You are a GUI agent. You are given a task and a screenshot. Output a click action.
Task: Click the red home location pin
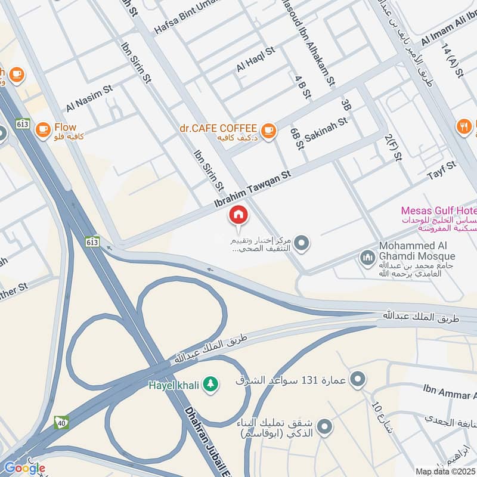click(x=238, y=215)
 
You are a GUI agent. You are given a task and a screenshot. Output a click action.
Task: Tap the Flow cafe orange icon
click(x=43, y=129)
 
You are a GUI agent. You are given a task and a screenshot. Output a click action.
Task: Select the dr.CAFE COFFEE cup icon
click(x=268, y=129)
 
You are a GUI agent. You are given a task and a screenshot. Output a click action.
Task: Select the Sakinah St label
click(x=326, y=129)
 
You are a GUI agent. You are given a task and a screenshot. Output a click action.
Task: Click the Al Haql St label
click(x=255, y=59)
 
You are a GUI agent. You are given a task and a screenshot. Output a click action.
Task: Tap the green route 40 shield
click(x=61, y=423)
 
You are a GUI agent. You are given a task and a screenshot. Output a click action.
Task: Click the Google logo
click(x=24, y=468)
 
